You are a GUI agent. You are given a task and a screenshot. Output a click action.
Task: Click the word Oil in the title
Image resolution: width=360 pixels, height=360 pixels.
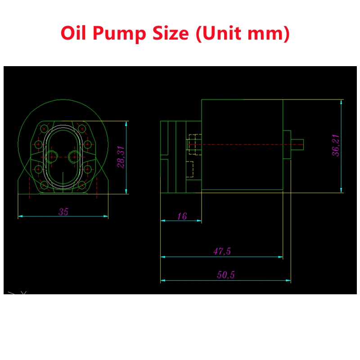(x=73, y=33)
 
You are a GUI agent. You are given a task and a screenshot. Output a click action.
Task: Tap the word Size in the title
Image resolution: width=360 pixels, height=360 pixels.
(x=171, y=33)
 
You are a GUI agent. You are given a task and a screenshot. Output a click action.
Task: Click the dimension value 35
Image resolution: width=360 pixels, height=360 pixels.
(x=63, y=211)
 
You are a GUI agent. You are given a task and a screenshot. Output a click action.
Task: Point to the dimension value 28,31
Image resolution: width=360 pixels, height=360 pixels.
(x=121, y=157)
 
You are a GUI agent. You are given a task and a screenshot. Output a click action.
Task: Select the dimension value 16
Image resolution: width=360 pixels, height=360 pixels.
(x=182, y=216)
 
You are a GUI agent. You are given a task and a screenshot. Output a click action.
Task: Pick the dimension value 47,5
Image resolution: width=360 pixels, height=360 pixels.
(x=222, y=251)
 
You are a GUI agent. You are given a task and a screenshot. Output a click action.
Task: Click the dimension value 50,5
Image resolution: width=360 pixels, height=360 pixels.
(x=226, y=274)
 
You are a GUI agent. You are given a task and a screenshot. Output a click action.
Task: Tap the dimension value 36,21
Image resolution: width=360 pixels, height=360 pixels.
(x=336, y=145)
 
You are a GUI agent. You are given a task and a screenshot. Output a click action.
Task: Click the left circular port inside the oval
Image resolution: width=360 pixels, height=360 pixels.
(x=51, y=157)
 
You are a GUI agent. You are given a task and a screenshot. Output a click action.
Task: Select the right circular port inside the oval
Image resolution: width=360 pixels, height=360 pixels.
(x=75, y=157)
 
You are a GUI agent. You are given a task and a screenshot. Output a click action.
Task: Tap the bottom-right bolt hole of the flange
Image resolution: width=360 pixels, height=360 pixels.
(x=82, y=185)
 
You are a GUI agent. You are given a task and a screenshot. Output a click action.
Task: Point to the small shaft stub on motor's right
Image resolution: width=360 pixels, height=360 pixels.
(x=297, y=144)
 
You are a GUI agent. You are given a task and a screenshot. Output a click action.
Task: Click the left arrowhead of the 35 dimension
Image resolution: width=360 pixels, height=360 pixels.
(x=20, y=216)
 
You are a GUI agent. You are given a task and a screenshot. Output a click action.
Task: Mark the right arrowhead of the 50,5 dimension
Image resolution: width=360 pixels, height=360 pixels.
(x=288, y=280)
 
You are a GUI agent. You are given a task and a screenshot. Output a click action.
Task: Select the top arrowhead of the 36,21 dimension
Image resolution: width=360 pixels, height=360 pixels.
(x=341, y=102)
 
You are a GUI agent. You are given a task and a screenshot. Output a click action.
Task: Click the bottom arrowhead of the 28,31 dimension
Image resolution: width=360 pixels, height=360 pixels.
(x=126, y=192)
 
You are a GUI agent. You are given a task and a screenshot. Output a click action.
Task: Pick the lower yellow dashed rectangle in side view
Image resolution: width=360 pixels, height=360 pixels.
(x=189, y=169)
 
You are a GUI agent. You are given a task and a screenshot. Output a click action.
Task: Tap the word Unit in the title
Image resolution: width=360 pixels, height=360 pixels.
(x=222, y=33)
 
